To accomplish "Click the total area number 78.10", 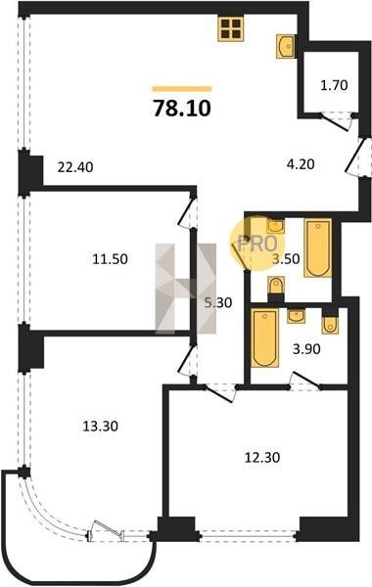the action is tap(182, 109).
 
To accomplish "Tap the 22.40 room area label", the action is tap(75, 166).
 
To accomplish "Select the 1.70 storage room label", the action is tap(334, 85).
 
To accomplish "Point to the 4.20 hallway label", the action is tap(300, 164).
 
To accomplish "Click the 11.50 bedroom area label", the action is tap(111, 258).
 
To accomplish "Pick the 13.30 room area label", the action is tap(100, 426).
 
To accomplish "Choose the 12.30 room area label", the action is tap(262, 458).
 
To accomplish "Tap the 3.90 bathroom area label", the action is tap(306, 349).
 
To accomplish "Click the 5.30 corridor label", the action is tap(218, 302).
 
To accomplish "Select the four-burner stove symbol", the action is tap(230, 28).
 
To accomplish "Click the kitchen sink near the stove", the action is tap(287, 46).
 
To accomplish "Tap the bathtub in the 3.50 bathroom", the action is tap(318, 248).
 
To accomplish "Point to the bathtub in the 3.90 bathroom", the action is tap(264, 338).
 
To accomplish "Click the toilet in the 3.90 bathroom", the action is tap(330, 323).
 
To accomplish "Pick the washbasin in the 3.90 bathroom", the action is tap(297, 315).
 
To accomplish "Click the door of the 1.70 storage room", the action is tap(336, 122).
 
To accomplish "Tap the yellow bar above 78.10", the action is tap(182, 89).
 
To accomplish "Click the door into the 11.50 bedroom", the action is tap(188, 211).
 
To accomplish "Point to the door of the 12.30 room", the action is tap(220, 393).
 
